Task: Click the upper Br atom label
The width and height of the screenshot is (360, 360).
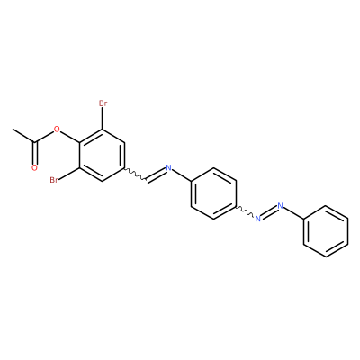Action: pos(103,103)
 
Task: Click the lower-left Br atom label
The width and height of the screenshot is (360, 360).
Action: pos(54,180)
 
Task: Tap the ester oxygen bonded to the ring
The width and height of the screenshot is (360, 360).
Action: pos(57,130)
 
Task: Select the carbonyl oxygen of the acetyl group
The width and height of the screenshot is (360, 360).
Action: pos(34,168)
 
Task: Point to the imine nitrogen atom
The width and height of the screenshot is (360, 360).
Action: pos(168,167)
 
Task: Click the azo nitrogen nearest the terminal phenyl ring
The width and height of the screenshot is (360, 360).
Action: pos(281,206)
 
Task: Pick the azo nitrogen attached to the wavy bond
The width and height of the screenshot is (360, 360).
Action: pos(257,219)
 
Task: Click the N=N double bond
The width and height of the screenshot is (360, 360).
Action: pos(269,212)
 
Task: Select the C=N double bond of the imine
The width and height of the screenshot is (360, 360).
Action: pos(157,175)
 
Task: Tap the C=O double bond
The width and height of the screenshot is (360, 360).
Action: pos(35,153)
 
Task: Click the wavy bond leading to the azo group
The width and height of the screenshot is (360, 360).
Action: pos(246,211)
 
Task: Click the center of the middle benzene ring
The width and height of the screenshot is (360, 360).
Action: pos(213,193)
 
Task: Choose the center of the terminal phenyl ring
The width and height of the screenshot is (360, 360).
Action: pos(326,231)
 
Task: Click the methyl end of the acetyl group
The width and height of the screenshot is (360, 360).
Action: pos(13,130)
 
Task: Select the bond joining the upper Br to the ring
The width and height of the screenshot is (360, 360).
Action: pos(103,119)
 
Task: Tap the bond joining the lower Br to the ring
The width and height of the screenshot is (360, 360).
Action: pos(69,174)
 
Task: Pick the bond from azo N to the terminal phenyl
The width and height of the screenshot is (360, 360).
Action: pos(293,213)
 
